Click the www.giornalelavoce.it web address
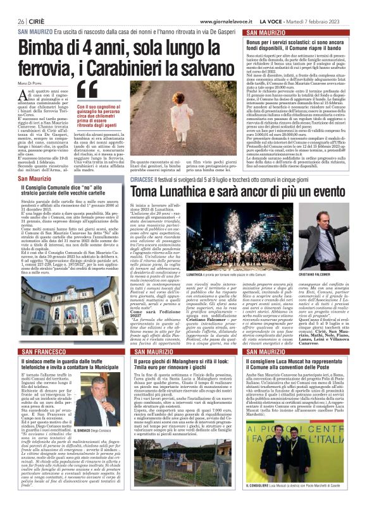point(226,21)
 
